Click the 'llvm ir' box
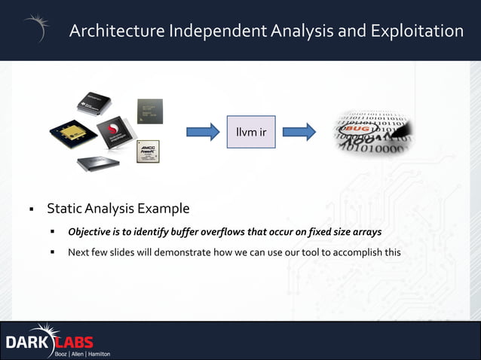pos(251,133)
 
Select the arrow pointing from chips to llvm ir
pos(203,133)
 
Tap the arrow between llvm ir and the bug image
pos(299,133)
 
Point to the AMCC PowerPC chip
pos(148,151)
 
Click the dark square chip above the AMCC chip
pos(149,111)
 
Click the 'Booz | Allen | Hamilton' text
pos(82,353)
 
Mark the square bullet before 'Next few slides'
pos(54,252)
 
